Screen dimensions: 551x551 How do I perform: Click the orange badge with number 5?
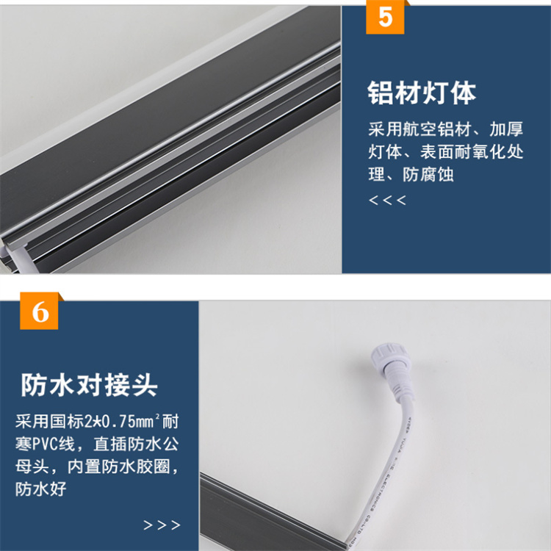pos(385,17)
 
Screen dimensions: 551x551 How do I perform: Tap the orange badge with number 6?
pos(39,311)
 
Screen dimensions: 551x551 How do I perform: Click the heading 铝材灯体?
pos(422,93)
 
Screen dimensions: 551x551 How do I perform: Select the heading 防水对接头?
pos(89,385)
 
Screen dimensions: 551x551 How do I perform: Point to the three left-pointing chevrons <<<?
pos(388,201)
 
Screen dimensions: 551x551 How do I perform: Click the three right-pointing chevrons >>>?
pos(162,525)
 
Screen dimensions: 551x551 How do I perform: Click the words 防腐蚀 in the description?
pos(428,174)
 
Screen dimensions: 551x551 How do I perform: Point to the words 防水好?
pos(40,489)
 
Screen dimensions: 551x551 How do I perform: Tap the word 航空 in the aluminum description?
pos(420,129)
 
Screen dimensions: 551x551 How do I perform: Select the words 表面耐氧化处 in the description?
pos(472,152)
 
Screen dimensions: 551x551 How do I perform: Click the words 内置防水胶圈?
pos(119,467)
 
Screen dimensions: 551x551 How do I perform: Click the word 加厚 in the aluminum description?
pos(506,129)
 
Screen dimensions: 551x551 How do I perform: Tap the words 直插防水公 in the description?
pos(136,444)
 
